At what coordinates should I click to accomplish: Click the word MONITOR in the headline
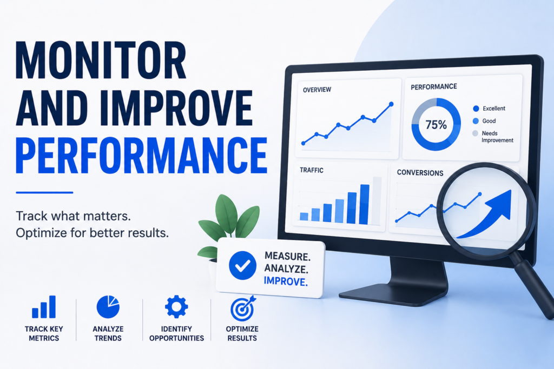tap(101, 61)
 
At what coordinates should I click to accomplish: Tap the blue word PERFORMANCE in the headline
tap(141, 156)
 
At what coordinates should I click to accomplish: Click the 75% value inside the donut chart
tap(436, 124)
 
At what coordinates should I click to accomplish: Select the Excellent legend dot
tap(476, 109)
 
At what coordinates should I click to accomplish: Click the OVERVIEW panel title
tap(317, 90)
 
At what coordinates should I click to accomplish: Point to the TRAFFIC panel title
tap(311, 170)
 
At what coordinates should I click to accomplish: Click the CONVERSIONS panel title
tap(420, 172)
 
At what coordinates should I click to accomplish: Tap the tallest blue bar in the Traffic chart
tap(364, 204)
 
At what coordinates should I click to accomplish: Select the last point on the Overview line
tap(391, 104)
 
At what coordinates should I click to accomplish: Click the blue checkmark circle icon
tap(242, 266)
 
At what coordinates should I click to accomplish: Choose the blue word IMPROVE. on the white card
tap(286, 281)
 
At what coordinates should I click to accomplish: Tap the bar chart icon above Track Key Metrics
tap(44, 307)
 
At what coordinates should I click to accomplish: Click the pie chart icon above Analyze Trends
tap(108, 307)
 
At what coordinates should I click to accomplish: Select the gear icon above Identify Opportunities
tap(176, 306)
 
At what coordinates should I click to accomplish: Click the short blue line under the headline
tap(44, 193)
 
